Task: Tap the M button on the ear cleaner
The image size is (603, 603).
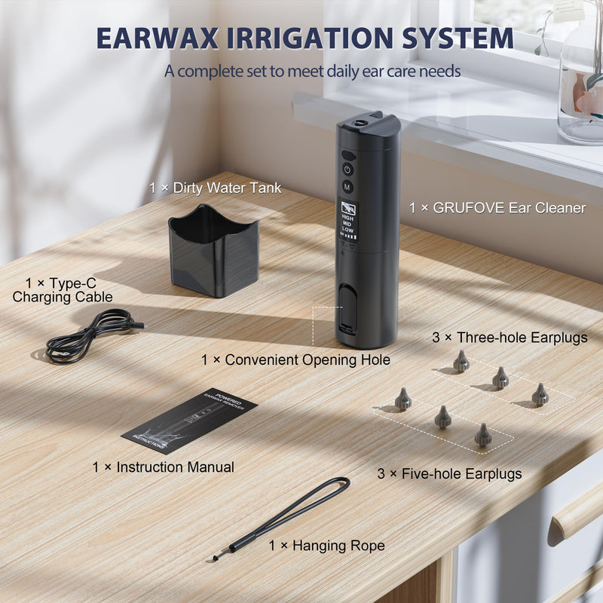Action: pos(347,185)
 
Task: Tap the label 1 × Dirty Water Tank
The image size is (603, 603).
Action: pos(215,188)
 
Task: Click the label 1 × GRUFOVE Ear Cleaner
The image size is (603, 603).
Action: pos(497,208)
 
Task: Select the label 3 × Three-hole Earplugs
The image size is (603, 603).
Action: pos(510,338)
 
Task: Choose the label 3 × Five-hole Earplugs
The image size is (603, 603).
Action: pos(450,474)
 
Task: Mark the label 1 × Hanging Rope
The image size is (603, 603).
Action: pos(326,545)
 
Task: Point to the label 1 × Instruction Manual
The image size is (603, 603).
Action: pos(164,467)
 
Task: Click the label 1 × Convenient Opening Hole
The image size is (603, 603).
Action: pos(295,360)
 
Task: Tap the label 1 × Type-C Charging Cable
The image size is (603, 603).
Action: pos(63,290)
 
